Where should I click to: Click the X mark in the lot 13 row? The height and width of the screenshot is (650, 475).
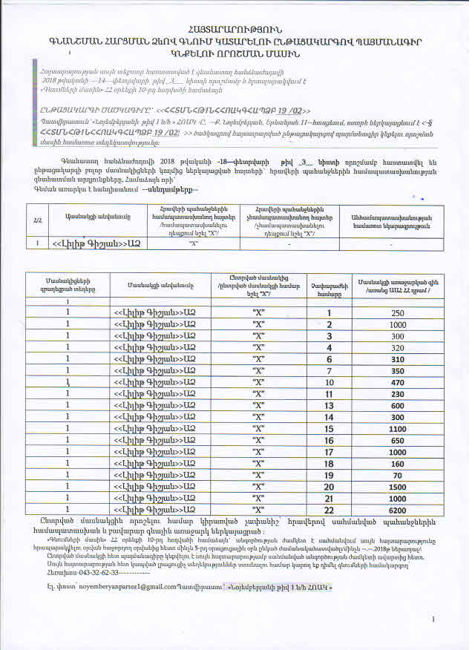coord(259,405)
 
